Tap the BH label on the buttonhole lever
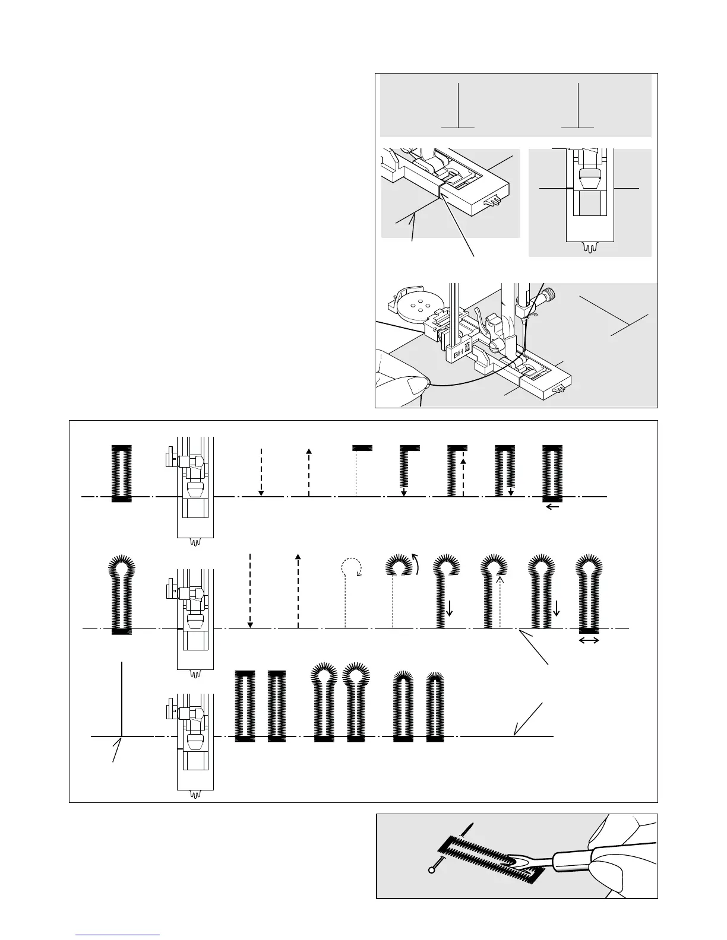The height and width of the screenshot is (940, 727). pos(458,354)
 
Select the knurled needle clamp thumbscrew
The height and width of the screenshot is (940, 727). pos(551,294)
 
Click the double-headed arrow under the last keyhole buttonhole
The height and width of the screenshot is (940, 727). pos(589,640)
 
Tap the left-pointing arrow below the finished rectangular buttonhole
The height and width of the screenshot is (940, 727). pos(552,507)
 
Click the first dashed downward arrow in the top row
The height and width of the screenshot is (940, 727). pos(261,472)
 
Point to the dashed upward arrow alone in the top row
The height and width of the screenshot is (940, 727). pos(308,472)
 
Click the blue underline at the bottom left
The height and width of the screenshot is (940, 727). pos(118,935)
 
